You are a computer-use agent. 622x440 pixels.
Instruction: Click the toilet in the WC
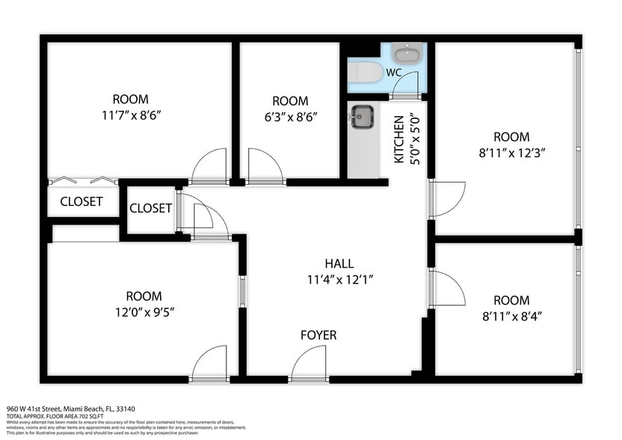click(366, 72)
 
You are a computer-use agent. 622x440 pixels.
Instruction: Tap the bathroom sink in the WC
click(407, 54)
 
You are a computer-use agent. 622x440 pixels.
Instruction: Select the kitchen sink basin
click(363, 116)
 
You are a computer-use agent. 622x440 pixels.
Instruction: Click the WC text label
click(394, 73)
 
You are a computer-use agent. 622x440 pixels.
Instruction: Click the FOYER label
click(318, 335)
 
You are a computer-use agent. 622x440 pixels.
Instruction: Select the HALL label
click(339, 263)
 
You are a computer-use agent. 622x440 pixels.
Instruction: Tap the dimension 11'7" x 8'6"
click(130, 115)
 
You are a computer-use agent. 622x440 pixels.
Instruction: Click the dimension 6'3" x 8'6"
click(290, 117)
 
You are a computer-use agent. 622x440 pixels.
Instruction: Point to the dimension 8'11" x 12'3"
click(511, 153)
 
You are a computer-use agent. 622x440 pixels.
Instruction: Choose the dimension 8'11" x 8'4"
click(511, 316)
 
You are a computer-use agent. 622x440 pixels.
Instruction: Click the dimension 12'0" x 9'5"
click(144, 311)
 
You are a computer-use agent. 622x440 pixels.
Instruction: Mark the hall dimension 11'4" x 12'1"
click(339, 279)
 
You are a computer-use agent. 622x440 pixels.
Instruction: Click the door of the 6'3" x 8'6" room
click(265, 166)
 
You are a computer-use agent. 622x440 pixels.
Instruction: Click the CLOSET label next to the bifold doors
click(81, 201)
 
